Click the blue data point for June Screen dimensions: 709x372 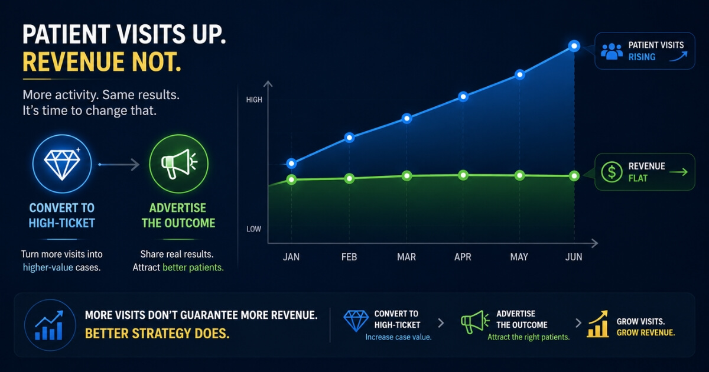tap(574, 46)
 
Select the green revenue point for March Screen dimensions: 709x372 tap(406, 176)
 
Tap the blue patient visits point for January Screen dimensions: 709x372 tap(291, 164)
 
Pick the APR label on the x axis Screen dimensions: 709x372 tap(463, 257)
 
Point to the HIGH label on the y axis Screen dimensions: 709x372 tap(254, 100)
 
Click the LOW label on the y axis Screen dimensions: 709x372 tap(254, 229)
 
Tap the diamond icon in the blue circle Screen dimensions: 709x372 tap(62, 164)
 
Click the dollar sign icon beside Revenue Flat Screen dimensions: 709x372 tap(612, 172)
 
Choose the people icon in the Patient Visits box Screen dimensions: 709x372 tap(612, 51)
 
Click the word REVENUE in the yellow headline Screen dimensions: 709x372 tap(74, 61)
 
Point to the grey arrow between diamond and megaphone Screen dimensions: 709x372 tap(119, 165)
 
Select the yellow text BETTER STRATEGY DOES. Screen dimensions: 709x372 tap(157, 334)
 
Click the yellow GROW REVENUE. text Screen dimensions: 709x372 tap(646, 333)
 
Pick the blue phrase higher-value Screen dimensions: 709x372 tap(48, 267)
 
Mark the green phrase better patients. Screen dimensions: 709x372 tap(193, 267)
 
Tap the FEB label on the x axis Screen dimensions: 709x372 tap(349, 257)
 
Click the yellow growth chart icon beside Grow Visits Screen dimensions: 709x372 tap(597, 324)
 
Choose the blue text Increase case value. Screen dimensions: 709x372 tap(398, 337)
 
